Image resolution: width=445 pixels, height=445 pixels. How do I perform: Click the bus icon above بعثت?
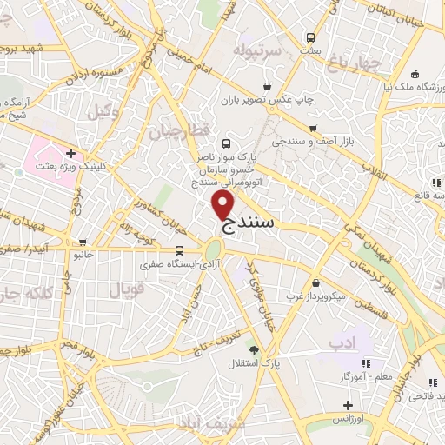point(310,38)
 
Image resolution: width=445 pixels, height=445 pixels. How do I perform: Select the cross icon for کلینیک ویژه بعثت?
point(82,154)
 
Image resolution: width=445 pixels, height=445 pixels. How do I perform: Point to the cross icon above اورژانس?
point(348,405)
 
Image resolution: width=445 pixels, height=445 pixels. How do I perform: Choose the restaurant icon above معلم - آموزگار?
point(365,363)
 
